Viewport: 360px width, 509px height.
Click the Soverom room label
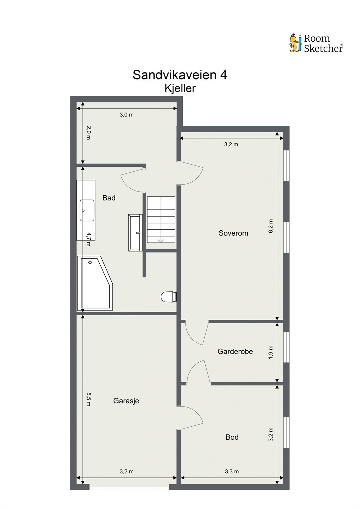coord(233,233)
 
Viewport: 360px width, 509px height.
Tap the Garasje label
coord(126,401)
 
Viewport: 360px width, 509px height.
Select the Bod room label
coord(232,437)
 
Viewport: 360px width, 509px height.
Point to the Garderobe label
coord(235,352)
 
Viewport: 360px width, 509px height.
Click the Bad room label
coord(109,198)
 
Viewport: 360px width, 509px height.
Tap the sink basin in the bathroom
coord(87,210)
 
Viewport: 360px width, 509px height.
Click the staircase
coord(161,220)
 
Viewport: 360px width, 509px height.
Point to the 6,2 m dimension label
coord(271,226)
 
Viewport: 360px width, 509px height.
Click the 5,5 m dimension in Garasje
coord(89,399)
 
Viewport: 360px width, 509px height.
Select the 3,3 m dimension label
coord(232,471)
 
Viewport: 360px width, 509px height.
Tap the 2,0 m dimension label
coord(89,133)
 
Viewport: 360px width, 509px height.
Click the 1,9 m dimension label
coord(271,352)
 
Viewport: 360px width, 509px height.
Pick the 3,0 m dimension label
coord(126,115)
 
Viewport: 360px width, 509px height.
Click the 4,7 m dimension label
coord(89,239)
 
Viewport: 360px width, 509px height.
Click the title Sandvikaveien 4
coord(180,75)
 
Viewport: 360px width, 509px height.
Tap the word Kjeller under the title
coord(180,88)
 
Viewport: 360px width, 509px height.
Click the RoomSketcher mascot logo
coord(295,43)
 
